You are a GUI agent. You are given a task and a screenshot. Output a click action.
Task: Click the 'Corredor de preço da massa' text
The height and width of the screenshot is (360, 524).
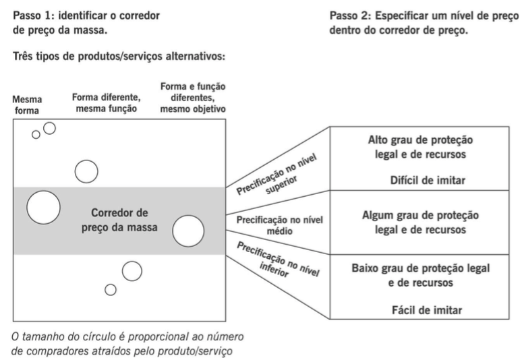119,221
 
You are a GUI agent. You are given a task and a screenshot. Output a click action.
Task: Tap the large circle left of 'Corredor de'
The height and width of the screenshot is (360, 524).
42,207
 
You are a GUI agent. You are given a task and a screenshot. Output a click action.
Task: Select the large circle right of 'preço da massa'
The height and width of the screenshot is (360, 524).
188,231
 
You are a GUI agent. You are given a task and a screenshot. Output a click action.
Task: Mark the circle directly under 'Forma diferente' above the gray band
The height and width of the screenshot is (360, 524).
87,171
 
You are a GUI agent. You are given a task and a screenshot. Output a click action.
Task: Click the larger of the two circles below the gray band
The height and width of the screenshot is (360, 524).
132,270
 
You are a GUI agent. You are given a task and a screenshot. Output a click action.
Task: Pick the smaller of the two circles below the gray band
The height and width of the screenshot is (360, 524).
111,290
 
